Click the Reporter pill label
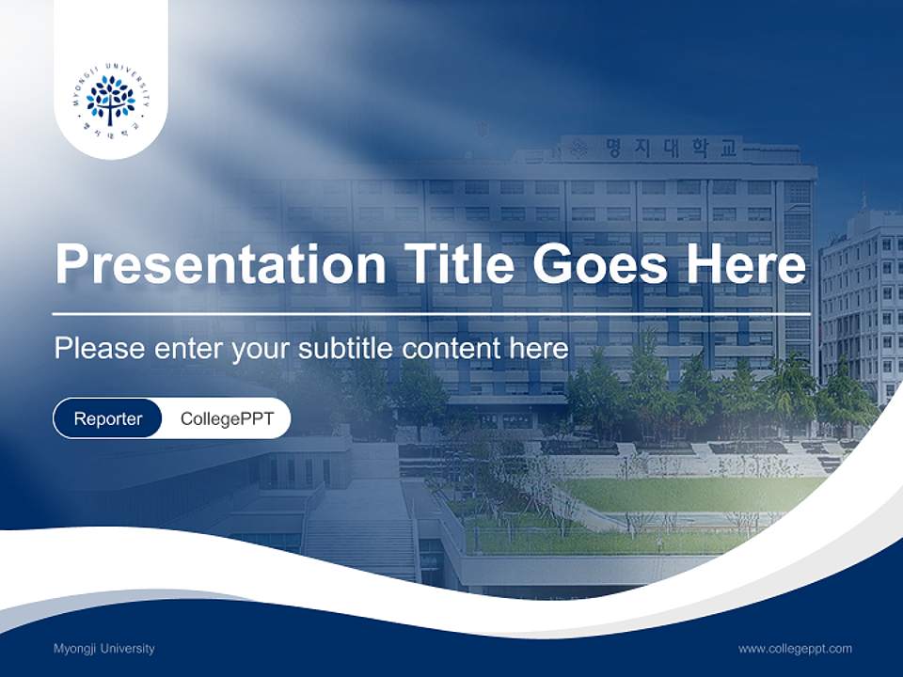click(x=108, y=418)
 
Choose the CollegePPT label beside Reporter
click(x=227, y=418)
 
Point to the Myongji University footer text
click(x=104, y=648)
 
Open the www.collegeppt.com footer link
click(x=795, y=648)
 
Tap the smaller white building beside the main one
click(x=860, y=301)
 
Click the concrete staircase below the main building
click(x=357, y=536)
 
